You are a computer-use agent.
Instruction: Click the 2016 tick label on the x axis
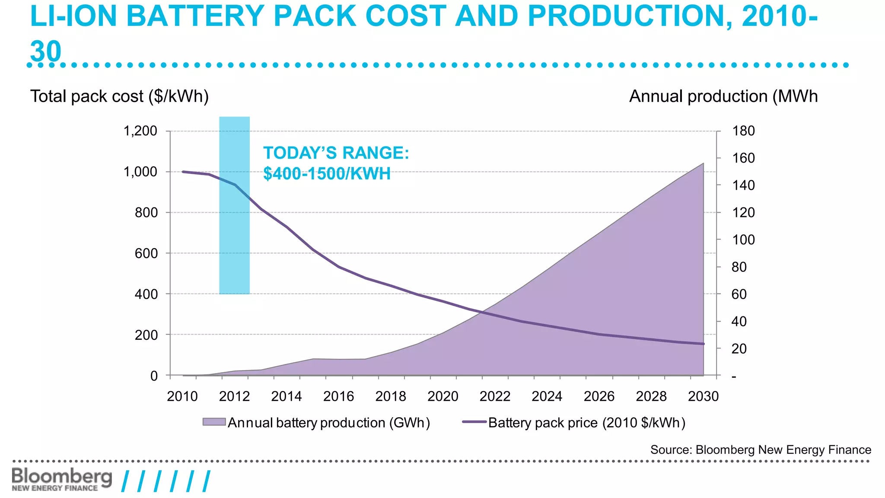pyautogui.click(x=338, y=396)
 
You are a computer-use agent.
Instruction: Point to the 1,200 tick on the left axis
pyautogui.click(x=140, y=131)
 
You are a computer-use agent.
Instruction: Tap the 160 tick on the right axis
pyautogui.click(x=743, y=158)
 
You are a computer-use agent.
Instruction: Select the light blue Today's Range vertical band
pyautogui.click(x=234, y=205)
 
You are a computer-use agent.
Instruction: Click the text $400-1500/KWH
pyautogui.click(x=327, y=174)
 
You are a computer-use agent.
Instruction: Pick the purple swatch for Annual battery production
pyautogui.click(x=214, y=422)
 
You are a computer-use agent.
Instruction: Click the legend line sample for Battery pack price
pyautogui.click(x=474, y=422)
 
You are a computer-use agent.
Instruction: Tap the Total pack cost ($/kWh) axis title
pyautogui.click(x=119, y=96)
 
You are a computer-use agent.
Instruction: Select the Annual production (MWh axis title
pyautogui.click(x=723, y=96)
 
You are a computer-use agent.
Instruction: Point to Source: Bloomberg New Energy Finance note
pyautogui.click(x=761, y=450)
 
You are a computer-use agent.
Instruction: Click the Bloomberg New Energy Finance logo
pyautogui.click(x=62, y=479)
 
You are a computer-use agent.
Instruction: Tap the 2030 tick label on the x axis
pyautogui.click(x=703, y=396)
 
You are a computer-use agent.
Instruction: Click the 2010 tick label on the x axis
pyautogui.click(x=182, y=396)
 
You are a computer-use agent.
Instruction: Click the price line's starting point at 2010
pyautogui.click(x=183, y=172)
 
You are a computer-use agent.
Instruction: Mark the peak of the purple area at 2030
pyautogui.click(x=703, y=163)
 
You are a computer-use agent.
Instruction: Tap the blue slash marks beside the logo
pyautogui.click(x=166, y=481)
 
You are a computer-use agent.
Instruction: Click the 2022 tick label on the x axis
pyautogui.click(x=495, y=396)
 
